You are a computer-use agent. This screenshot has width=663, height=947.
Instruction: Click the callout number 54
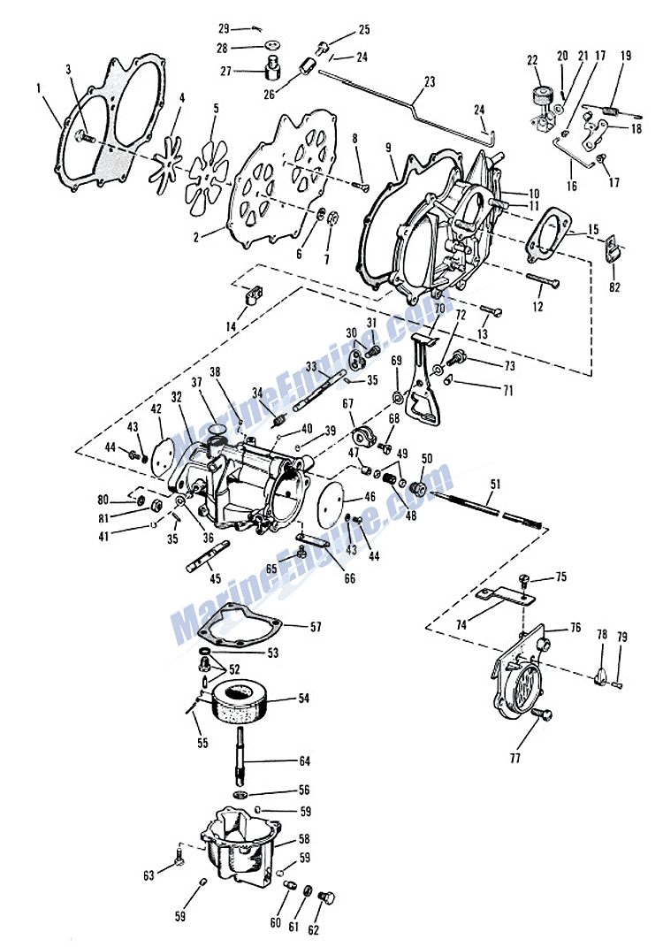point(303,699)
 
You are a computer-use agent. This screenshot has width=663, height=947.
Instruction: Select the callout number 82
point(615,286)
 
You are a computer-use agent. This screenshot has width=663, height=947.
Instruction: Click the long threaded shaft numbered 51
point(486,508)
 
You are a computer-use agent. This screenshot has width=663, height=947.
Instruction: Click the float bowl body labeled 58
point(239,849)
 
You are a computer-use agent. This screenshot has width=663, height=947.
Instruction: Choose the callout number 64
point(303,760)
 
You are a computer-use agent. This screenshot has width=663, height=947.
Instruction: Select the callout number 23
point(430,81)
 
